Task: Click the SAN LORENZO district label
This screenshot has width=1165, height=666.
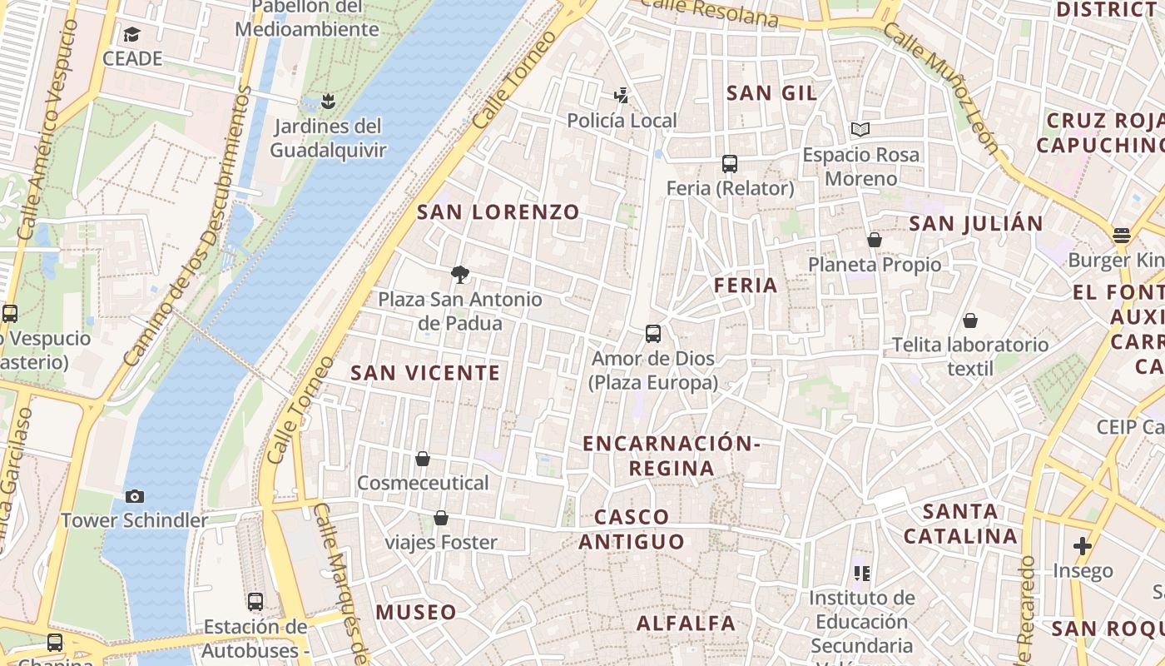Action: [x=498, y=211]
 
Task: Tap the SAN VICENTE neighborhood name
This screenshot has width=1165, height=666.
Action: [x=425, y=372]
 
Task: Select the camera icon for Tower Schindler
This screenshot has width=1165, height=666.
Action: [x=134, y=497]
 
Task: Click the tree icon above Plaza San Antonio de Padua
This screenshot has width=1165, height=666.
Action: [x=459, y=274]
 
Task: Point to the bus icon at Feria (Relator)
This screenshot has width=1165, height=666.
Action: [x=730, y=164]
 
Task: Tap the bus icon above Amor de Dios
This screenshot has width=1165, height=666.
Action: [x=653, y=334]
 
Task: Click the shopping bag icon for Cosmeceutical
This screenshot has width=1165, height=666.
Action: [x=423, y=459]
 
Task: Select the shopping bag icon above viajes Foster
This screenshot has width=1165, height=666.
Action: [x=441, y=518]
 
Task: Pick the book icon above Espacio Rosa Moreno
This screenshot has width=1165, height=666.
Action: [x=860, y=130]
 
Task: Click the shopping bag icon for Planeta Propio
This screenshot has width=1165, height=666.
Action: [x=875, y=240]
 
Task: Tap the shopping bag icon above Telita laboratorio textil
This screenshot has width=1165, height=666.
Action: [x=969, y=321]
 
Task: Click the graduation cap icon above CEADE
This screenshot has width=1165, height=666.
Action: [x=131, y=34]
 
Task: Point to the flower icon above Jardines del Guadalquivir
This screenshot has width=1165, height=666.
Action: [x=328, y=102]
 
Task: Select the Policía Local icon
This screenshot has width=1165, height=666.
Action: [x=621, y=96]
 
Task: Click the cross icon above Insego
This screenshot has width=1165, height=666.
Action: [x=1082, y=546]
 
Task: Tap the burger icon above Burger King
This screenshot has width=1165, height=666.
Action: [x=1122, y=235]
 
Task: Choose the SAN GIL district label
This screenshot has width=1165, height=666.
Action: [x=771, y=92]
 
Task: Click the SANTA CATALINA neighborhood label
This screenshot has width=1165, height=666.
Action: [x=961, y=524]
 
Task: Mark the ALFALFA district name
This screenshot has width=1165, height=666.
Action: [x=686, y=623]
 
